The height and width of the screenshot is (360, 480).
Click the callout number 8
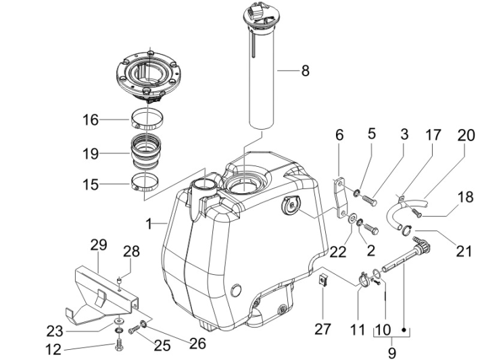(305, 70)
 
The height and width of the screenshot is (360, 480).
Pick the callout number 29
(99, 245)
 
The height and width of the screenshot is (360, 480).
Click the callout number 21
(463, 251)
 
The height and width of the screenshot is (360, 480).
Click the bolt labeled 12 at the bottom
(120, 342)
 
